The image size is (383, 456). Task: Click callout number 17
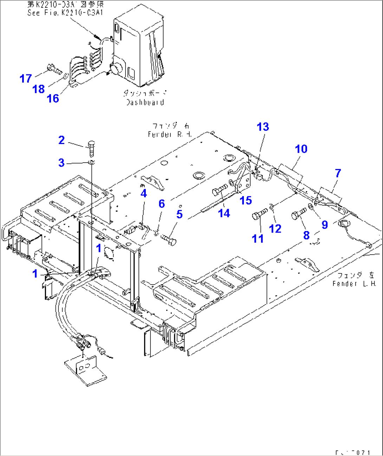(x=26, y=78)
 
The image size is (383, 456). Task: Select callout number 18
(x=39, y=89)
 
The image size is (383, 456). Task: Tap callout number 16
(x=53, y=98)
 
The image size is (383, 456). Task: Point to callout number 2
(x=61, y=140)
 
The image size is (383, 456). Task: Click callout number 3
(x=61, y=163)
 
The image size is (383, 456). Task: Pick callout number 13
(x=263, y=127)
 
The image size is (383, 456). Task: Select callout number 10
(x=301, y=149)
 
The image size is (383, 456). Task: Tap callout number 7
(x=338, y=173)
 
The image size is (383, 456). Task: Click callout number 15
(x=246, y=200)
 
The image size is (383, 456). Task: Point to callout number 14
(x=224, y=213)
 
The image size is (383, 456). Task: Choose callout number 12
(x=275, y=229)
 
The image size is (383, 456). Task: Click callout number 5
(x=180, y=214)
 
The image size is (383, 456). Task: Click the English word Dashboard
(x=145, y=103)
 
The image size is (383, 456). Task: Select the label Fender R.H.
(x=170, y=135)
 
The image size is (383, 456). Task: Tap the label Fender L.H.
(x=354, y=284)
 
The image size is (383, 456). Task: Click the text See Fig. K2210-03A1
(x=65, y=13)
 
